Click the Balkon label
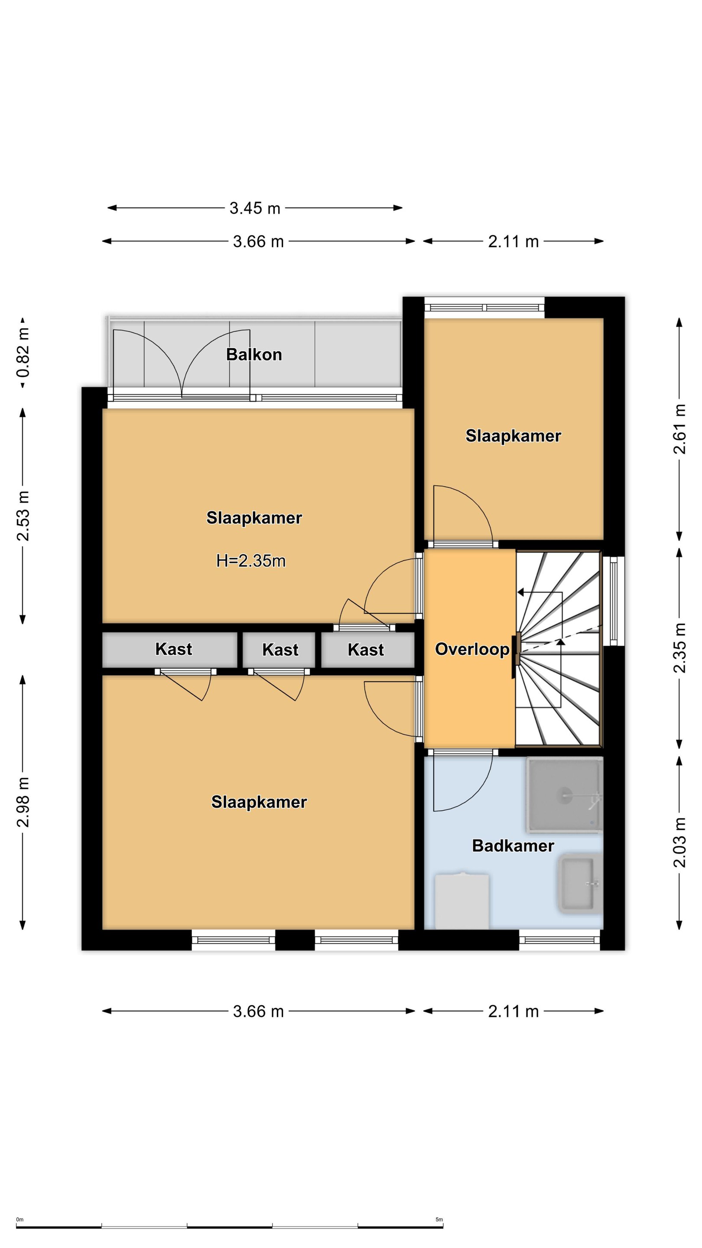coord(254,354)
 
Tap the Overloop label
coord(472,649)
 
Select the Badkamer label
coord(513,846)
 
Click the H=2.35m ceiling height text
coord(250,561)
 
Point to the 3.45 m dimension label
coord(255,208)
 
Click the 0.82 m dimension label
coord(23,352)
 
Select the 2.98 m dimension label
coord(23,802)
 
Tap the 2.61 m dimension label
coord(680,429)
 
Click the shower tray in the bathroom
coord(564,796)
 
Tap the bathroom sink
coord(580,884)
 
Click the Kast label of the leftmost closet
coord(173,649)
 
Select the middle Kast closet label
coord(280,650)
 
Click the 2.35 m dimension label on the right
coord(680,648)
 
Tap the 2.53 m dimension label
coord(23,516)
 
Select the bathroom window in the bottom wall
coord(559,940)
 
